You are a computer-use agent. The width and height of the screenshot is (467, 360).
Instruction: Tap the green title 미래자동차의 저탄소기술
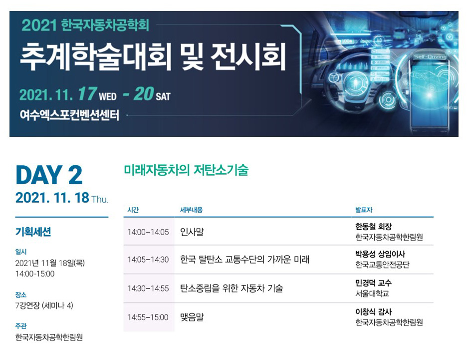click(x=186, y=170)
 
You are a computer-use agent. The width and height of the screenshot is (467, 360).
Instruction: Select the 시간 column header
click(x=133, y=210)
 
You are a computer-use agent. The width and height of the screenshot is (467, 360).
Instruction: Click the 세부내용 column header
click(x=191, y=210)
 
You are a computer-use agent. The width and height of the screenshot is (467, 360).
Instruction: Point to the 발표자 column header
click(x=364, y=210)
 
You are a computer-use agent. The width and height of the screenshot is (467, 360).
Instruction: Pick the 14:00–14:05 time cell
click(x=148, y=232)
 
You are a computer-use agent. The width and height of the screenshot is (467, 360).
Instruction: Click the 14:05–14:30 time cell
click(x=148, y=260)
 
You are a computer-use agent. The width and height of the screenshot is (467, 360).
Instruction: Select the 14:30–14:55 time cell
click(x=148, y=288)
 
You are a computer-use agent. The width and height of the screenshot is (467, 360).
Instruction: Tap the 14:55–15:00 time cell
click(x=148, y=317)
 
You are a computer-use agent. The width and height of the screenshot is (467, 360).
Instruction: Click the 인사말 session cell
click(x=192, y=232)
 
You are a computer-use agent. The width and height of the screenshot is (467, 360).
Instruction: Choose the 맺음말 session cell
click(x=192, y=317)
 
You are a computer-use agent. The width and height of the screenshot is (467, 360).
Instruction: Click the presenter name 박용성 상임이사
click(x=380, y=254)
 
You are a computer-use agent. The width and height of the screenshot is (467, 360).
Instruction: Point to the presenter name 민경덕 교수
click(x=373, y=283)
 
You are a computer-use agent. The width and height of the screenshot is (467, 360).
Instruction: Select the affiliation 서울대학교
click(x=372, y=294)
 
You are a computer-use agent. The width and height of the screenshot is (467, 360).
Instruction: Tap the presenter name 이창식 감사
click(x=373, y=312)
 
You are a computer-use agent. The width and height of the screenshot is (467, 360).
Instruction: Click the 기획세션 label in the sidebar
click(x=33, y=232)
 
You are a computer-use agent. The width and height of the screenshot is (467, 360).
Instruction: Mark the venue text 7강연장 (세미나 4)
click(x=44, y=306)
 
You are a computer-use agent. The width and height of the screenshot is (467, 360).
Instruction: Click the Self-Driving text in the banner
click(x=430, y=56)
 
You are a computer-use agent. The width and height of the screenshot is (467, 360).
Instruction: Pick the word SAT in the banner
click(x=163, y=96)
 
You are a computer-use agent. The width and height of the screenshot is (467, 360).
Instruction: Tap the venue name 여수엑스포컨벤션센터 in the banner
click(x=69, y=115)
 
